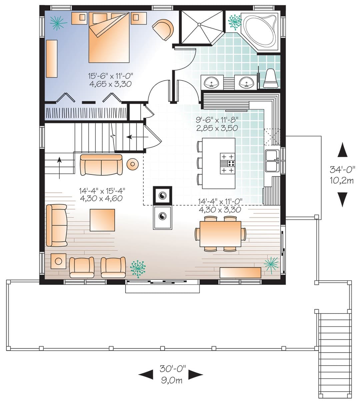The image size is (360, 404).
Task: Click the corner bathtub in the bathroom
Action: point(259,32)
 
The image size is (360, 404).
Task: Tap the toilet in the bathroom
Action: point(271,78)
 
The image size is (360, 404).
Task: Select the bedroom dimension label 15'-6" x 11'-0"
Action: point(111,76)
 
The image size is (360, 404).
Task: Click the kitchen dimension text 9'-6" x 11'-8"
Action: point(217,120)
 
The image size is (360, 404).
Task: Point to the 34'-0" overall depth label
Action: point(342,170)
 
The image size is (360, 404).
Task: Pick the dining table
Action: point(220,234)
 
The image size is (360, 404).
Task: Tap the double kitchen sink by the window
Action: point(272,161)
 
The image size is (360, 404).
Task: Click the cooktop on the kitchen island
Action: point(227,163)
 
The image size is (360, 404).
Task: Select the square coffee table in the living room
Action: point(102,220)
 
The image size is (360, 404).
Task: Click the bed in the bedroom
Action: point(109,37)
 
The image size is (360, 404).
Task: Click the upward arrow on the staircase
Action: point(59,168)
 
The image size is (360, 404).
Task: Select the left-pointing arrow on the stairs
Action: point(137,137)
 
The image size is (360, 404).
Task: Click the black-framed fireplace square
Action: point(162,195)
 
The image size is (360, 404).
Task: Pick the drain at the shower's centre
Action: point(199,24)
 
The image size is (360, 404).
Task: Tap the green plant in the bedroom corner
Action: point(58,23)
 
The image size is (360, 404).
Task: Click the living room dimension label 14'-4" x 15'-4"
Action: point(102,191)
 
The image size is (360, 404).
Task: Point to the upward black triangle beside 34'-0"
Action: point(342,149)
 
